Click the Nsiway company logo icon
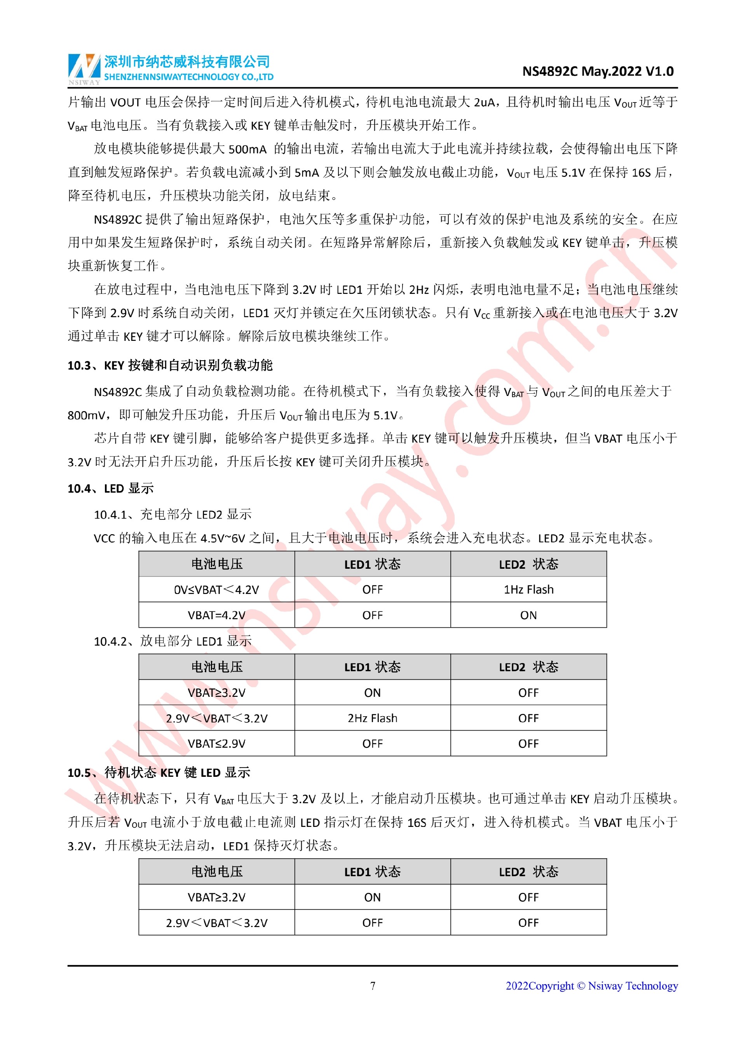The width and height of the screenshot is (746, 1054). click(x=84, y=68)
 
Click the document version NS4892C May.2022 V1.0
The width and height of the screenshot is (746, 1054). click(x=598, y=71)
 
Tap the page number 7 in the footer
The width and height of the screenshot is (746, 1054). click(x=373, y=986)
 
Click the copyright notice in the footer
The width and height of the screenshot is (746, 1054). click(x=591, y=986)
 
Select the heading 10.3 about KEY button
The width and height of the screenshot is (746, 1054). click(x=170, y=365)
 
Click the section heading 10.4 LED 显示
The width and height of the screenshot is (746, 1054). click(x=111, y=488)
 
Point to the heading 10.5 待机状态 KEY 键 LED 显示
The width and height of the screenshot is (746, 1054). click(x=159, y=773)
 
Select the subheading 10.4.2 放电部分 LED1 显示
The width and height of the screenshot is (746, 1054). click(x=173, y=641)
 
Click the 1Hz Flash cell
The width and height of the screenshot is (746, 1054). click(x=528, y=589)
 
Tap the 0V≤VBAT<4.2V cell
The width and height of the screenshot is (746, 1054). click(x=216, y=589)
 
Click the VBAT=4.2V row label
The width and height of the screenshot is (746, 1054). click(x=216, y=615)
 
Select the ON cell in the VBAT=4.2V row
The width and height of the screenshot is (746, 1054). click(x=528, y=615)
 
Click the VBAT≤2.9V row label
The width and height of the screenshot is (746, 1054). click(x=216, y=744)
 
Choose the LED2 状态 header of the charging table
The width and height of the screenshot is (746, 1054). click(x=528, y=564)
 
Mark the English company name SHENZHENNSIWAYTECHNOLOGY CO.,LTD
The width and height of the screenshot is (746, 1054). click(x=189, y=77)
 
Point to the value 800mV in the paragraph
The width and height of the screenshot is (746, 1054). click(x=87, y=415)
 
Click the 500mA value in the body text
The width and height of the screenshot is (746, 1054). click(x=247, y=149)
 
